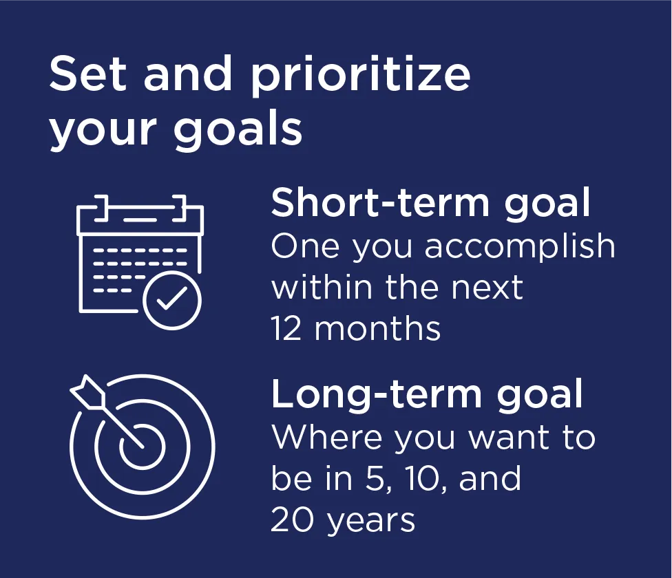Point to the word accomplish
click(520, 246)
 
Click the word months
click(377, 328)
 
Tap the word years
click(371, 522)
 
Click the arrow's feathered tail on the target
click(88, 392)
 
